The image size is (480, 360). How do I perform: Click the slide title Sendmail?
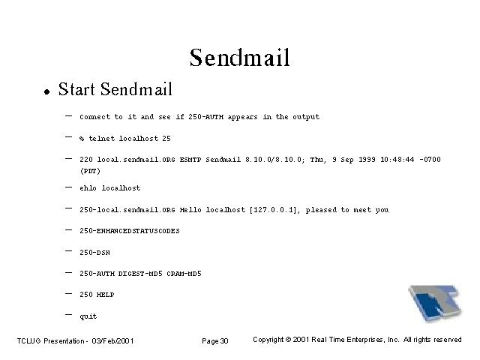click(x=240, y=58)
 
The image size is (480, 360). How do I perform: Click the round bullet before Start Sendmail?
click(x=46, y=91)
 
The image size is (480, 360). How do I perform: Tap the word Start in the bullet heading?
click(x=76, y=89)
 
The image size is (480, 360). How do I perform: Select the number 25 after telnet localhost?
click(x=166, y=138)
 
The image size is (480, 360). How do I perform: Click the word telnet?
click(x=102, y=138)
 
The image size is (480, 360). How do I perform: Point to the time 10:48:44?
click(x=397, y=160)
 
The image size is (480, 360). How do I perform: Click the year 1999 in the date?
click(x=367, y=160)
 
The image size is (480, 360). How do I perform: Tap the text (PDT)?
click(x=90, y=171)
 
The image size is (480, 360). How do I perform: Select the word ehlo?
click(x=88, y=188)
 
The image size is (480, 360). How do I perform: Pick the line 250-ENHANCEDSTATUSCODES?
click(x=130, y=231)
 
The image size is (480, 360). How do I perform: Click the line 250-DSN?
click(x=95, y=253)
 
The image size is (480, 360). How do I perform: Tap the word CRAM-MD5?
click(x=184, y=273)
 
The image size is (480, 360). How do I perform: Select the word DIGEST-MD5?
click(x=140, y=273)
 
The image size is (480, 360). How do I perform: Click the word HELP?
click(x=105, y=295)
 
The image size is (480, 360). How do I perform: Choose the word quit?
click(x=88, y=316)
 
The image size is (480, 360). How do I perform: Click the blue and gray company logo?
click(x=435, y=303)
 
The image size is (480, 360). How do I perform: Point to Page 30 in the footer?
click(x=215, y=340)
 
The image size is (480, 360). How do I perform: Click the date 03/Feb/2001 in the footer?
click(x=112, y=340)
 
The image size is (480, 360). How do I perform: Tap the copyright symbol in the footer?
click(x=288, y=340)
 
